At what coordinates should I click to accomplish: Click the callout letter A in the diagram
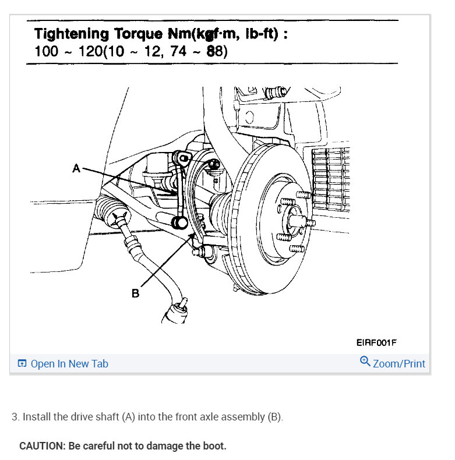76,168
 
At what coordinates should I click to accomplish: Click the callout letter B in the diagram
135,293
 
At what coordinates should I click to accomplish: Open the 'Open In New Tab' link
69,364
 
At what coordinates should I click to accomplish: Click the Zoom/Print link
399,364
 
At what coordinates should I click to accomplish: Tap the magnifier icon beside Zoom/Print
365,362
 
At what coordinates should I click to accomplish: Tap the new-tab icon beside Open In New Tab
22,364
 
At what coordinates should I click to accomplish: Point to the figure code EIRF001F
376,343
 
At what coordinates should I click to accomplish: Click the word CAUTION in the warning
42,446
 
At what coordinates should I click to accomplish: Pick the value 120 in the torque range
83,51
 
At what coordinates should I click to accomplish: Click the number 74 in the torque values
173,51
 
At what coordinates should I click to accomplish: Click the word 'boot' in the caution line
213,446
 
